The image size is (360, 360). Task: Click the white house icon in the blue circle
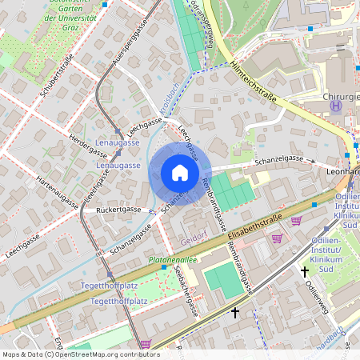coord(179,173)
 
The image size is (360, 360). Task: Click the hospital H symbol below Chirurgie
coord(336,105)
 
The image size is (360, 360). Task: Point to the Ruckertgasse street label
coord(118,209)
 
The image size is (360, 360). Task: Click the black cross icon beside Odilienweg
coord(304,272)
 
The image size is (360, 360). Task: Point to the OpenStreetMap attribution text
coord(80,354)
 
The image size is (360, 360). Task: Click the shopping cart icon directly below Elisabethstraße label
coord(278,238)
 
